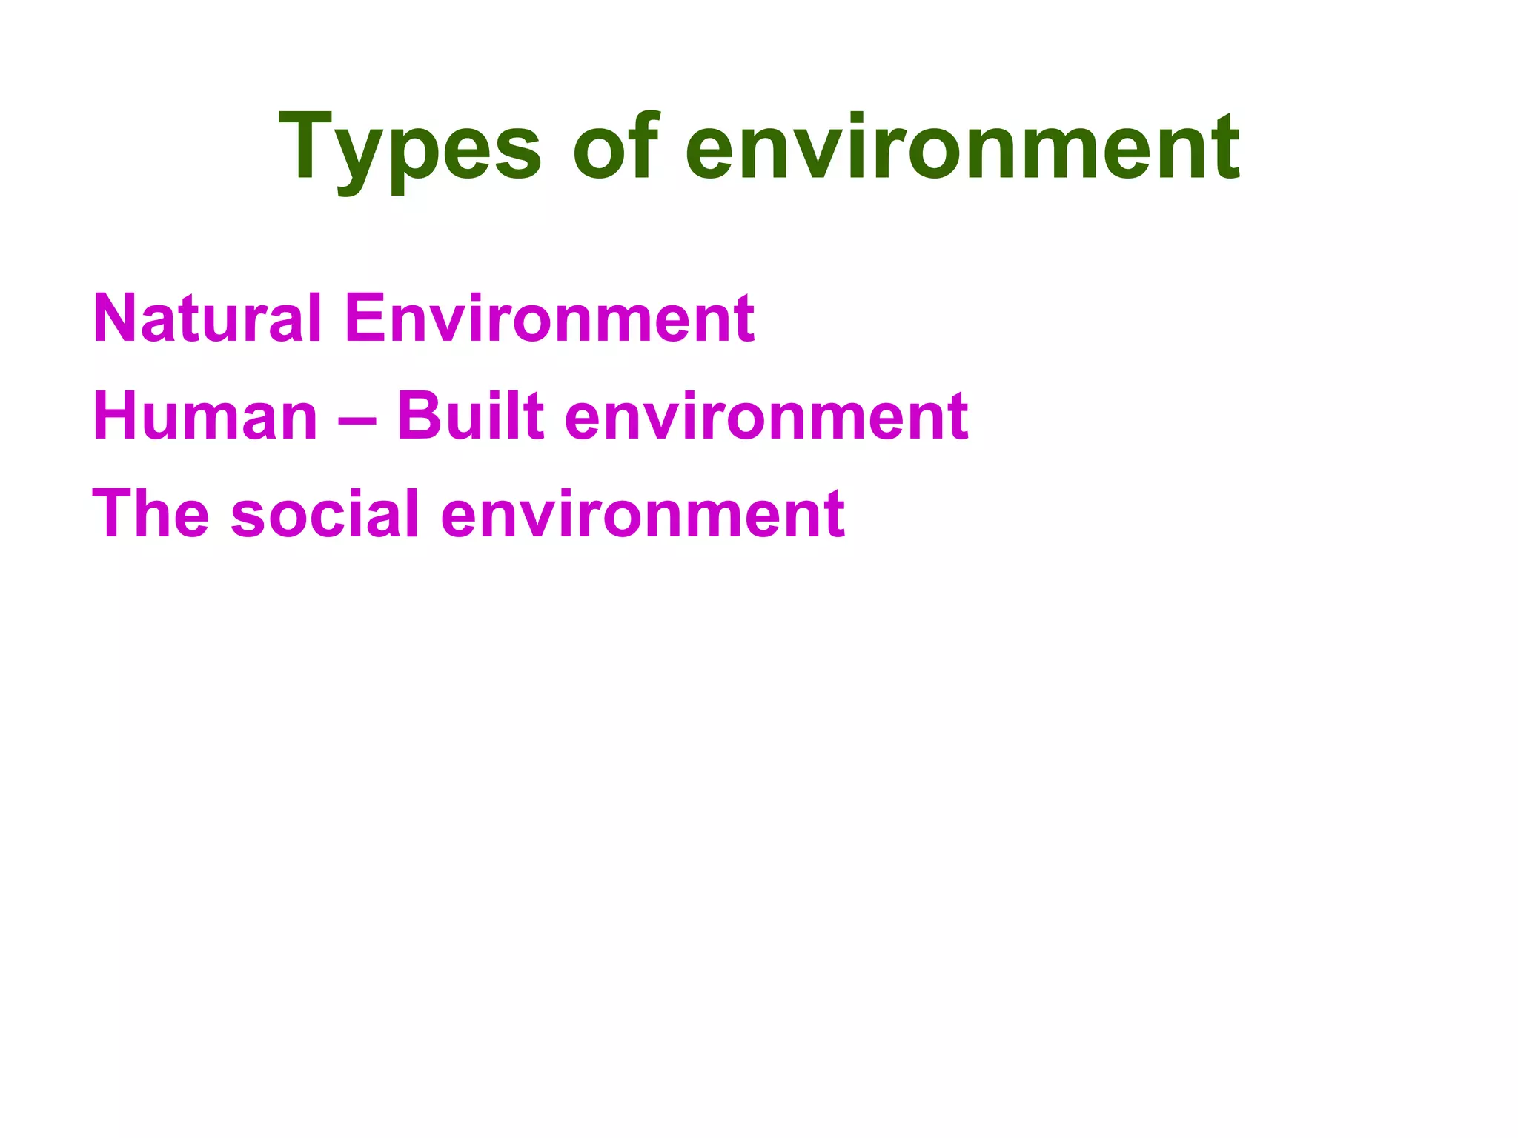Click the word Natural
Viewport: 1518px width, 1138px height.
click(x=207, y=318)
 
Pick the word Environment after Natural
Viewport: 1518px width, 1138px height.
click(x=549, y=318)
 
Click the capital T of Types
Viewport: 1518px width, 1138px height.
click(x=307, y=145)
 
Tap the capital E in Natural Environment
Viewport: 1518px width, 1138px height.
click(x=365, y=318)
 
